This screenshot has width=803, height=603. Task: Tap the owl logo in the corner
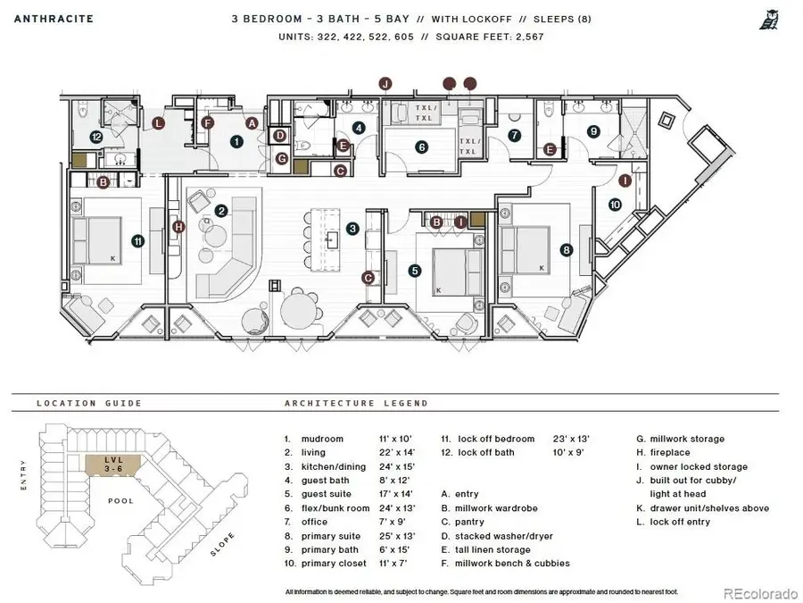click(x=767, y=20)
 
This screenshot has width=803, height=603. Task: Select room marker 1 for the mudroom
click(x=236, y=140)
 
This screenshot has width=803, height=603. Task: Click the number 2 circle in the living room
click(x=220, y=211)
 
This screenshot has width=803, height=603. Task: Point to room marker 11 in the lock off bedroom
click(x=137, y=240)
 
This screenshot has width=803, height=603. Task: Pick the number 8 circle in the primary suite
click(x=566, y=251)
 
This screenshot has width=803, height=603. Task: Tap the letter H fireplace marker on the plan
click(x=178, y=227)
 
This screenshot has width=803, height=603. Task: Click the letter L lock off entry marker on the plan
click(x=159, y=123)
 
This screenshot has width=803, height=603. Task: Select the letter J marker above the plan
click(x=385, y=84)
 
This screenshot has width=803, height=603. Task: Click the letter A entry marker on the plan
click(x=252, y=123)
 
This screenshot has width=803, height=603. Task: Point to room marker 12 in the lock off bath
click(x=95, y=137)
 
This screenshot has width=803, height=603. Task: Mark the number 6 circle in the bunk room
click(x=420, y=147)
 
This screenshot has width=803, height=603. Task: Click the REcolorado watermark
click(x=758, y=592)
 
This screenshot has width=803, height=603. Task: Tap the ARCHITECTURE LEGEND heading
click(x=356, y=403)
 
